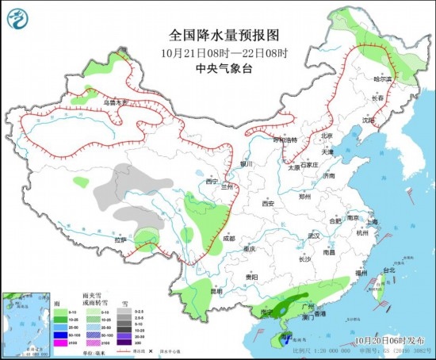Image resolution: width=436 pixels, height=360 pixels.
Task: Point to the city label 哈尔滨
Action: pos(383,79)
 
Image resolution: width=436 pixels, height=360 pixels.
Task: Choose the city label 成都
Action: pos(228,237)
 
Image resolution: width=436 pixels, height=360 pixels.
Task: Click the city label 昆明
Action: pos(205,290)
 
